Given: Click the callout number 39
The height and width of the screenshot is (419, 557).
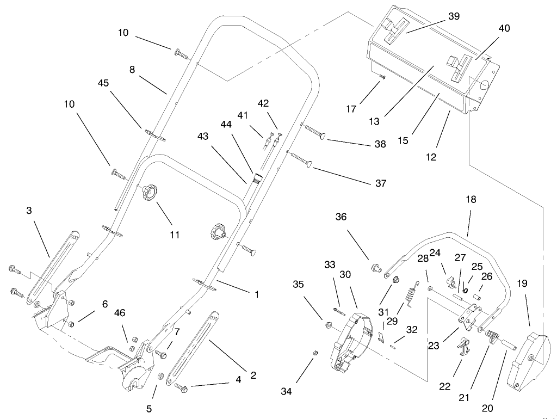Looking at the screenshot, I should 453,16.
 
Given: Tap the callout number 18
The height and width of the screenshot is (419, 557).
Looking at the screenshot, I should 471,200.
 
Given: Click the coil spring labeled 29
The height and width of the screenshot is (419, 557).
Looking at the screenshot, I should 409,298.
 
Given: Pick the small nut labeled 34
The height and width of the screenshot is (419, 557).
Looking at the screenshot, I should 315,353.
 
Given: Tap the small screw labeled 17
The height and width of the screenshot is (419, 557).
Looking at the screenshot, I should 382,78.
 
